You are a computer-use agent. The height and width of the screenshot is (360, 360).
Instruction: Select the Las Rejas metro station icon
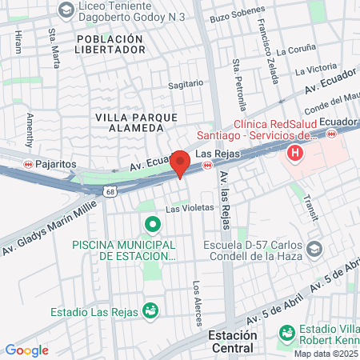tap(207, 166)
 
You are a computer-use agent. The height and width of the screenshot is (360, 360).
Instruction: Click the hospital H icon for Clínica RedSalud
tap(296, 152)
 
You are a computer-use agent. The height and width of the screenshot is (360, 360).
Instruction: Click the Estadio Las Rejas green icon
tap(149, 310)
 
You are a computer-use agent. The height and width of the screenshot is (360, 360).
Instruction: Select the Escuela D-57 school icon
tap(314, 249)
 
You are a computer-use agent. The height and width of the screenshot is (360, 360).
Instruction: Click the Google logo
tap(27, 350)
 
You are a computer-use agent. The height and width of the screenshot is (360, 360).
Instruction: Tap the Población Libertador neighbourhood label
tap(110, 43)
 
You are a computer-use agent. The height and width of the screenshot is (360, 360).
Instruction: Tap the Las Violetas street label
tap(190, 207)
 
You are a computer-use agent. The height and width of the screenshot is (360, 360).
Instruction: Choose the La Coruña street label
tap(290, 50)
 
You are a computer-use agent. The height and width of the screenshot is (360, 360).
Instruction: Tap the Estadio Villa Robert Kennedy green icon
tap(286, 331)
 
